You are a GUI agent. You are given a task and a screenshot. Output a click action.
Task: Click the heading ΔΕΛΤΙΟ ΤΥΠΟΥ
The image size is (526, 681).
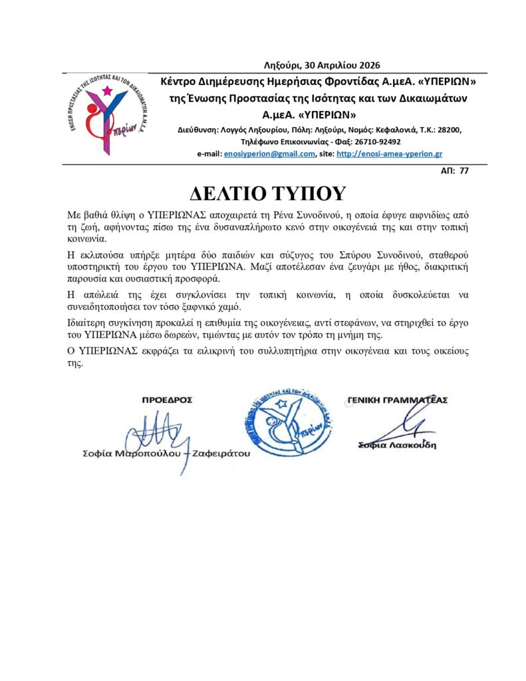[268, 193]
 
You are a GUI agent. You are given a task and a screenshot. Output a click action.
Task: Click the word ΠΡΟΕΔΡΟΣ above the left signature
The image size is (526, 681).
[168, 400]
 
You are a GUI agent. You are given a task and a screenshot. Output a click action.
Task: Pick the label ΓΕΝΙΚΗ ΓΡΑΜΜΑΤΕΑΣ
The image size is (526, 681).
[397, 400]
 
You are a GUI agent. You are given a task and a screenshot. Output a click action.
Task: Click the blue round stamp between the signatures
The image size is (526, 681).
[285, 426]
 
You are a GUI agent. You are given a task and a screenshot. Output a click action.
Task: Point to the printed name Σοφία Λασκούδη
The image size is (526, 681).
[397, 445]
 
